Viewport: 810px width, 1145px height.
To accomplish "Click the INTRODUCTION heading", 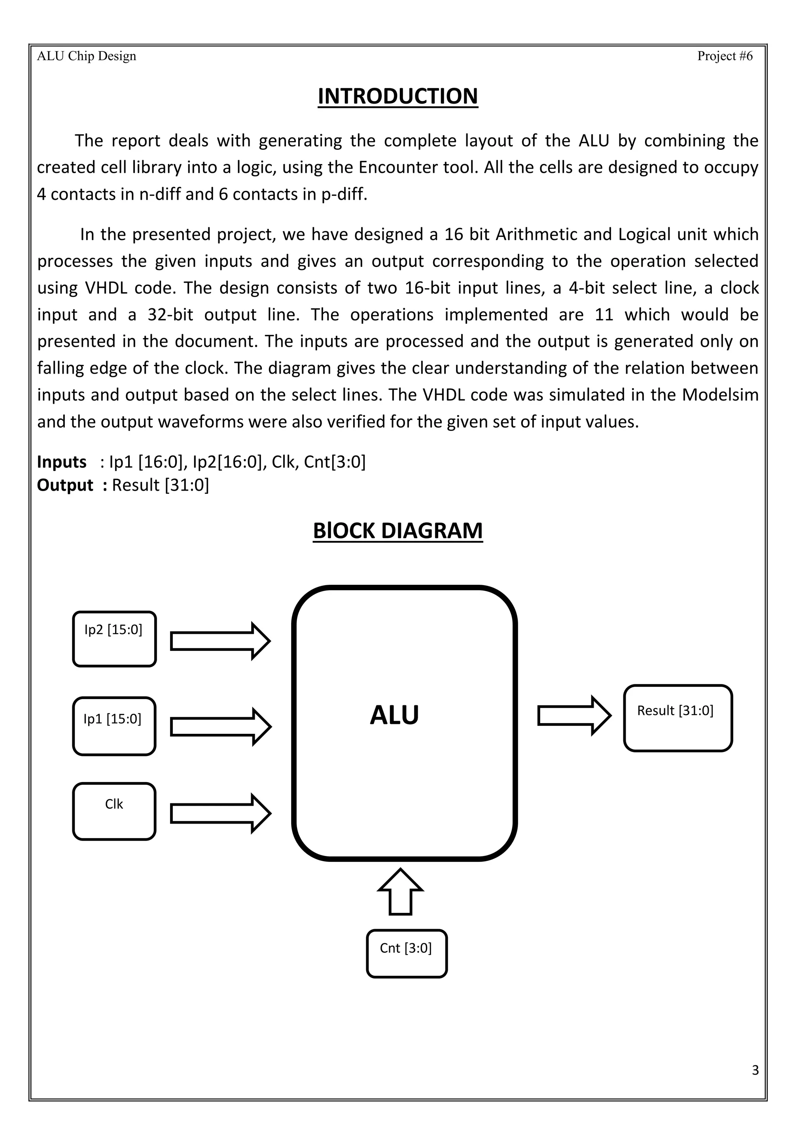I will point(397,96).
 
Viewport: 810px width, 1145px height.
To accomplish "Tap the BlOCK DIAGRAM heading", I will point(397,531).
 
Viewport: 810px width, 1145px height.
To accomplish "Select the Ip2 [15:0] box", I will point(114,639).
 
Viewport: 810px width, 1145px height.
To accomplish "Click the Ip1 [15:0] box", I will point(114,726).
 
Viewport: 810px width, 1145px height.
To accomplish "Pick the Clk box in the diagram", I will point(114,811).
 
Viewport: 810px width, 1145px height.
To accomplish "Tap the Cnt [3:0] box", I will point(407,954).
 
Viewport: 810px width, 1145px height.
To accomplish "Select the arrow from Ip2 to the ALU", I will point(220,641).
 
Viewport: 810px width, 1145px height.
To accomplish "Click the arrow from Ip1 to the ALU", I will point(220,727).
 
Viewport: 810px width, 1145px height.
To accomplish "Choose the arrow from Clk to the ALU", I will point(220,813).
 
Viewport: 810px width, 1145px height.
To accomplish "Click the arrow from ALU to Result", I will point(573,716).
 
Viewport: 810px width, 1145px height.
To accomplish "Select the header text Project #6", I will point(724,56).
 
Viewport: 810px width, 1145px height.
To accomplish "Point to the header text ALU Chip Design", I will point(86,56).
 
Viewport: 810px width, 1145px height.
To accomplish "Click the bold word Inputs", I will point(61,462).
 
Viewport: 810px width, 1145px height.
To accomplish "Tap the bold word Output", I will point(65,485).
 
